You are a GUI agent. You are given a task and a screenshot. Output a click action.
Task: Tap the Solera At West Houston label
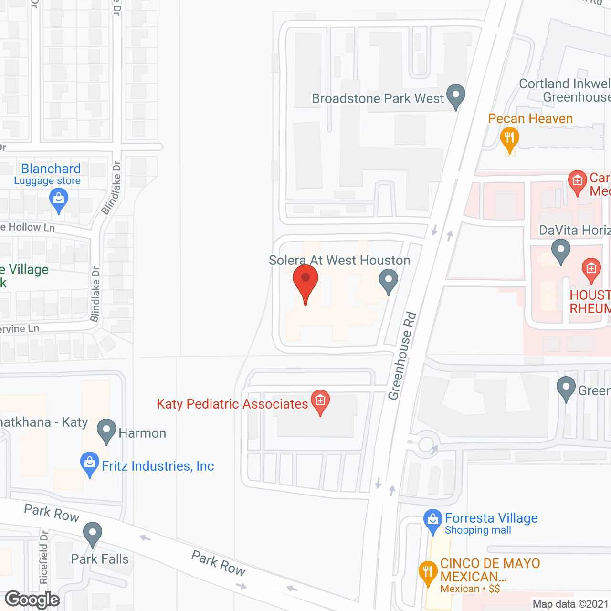click(x=339, y=261)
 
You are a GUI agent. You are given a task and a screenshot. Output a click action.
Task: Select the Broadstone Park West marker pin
click(x=455, y=95)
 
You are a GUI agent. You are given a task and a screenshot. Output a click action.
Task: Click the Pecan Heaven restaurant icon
click(x=509, y=139)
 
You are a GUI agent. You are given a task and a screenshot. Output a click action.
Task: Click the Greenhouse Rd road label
click(x=402, y=356)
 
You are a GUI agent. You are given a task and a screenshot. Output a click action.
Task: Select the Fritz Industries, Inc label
click(x=158, y=466)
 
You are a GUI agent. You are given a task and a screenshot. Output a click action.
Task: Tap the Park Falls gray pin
click(x=93, y=533)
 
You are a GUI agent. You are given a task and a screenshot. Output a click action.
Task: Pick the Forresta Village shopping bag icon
click(x=432, y=521)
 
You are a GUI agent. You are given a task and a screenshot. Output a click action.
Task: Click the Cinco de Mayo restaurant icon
click(x=428, y=573)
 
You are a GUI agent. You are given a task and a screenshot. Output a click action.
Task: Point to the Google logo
click(x=32, y=600)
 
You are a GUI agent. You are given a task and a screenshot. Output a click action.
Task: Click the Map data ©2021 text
click(x=570, y=604)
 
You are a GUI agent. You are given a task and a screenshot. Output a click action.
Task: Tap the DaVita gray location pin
click(x=561, y=250)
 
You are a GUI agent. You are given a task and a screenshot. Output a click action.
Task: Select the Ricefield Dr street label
click(x=44, y=557)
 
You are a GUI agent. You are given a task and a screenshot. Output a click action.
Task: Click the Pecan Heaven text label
click(x=530, y=118)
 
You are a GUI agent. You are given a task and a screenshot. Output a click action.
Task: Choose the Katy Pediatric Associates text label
click(x=232, y=404)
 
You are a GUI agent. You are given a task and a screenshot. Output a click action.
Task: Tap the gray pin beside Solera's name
click(x=389, y=281)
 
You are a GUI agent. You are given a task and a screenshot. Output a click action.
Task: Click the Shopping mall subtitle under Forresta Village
click(x=478, y=530)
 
